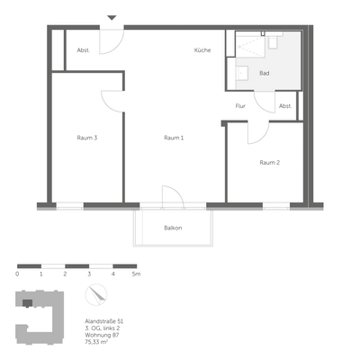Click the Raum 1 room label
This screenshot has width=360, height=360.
(x=174, y=138)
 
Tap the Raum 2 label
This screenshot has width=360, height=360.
(x=270, y=163)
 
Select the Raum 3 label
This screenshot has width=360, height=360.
(x=86, y=138)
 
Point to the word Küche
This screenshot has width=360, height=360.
(x=202, y=50)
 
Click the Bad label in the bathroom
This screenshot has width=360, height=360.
(x=264, y=73)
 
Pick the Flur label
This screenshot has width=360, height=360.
(x=240, y=106)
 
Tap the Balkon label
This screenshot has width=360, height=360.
(x=173, y=228)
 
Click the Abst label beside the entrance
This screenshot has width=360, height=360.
(x=83, y=50)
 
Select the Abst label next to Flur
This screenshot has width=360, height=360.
(x=284, y=106)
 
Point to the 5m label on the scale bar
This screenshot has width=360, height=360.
(x=136, y=273)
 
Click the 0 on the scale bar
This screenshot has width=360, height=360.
(x=17, y=273)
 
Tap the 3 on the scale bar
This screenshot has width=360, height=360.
(x=89, y=273)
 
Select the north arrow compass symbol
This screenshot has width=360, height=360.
(x=97, y=295)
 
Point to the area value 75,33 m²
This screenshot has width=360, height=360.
(x=95, y=342)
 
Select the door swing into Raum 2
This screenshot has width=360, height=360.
(x=256, y=133)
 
